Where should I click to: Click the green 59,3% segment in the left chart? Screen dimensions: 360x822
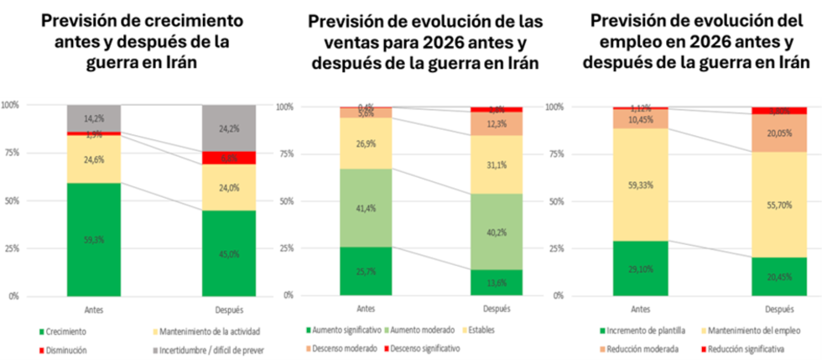point(93,239)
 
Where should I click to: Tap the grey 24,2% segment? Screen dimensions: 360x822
point(229,128)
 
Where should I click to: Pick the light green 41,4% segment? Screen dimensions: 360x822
point(367,207)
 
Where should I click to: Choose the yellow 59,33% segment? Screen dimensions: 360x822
point(641,185)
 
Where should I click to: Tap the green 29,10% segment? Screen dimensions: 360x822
point(641,269)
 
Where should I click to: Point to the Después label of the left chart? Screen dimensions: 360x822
point(229,310)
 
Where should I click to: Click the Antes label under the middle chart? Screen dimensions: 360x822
point(367,309)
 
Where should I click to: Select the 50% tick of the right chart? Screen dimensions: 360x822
point(554,201)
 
